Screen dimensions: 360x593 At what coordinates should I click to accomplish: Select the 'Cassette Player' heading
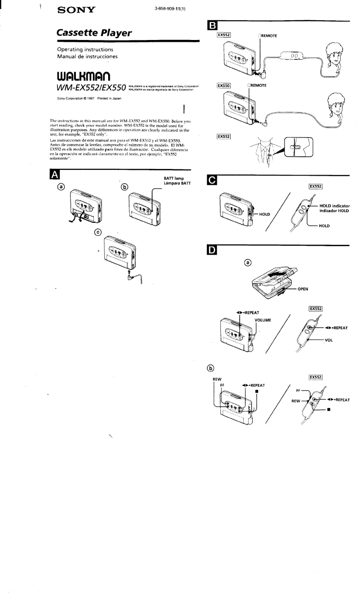click(x=94, y=33)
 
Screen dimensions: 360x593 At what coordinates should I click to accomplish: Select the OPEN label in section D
click(x=303, y=289)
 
